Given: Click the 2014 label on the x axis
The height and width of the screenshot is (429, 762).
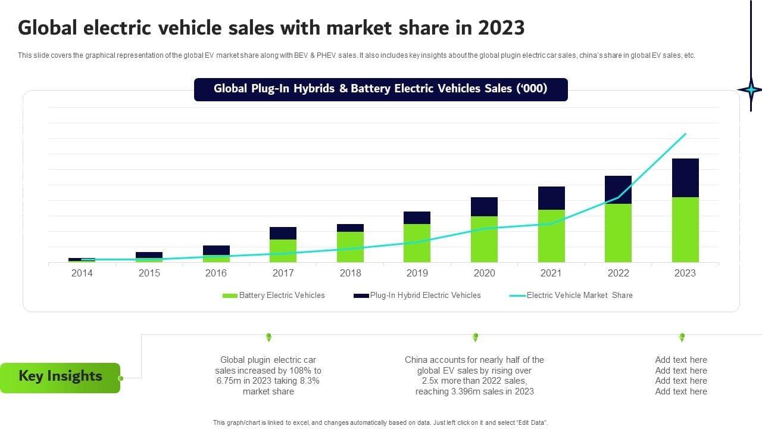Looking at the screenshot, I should tap(82, 273).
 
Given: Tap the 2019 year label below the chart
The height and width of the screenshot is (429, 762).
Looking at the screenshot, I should tap(417, 273).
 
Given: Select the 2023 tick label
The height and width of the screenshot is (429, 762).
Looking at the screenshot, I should tap(685, 273).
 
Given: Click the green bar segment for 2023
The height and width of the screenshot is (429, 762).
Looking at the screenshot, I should tap(685, 229).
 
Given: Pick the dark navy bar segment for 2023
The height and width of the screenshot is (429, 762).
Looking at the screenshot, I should tap(685, 178).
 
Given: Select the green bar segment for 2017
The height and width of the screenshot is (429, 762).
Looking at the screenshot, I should tap(283, 251).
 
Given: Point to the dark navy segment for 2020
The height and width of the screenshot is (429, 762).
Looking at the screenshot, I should tap(484, 207).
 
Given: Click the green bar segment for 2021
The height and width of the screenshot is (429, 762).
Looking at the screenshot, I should tap(551, 236).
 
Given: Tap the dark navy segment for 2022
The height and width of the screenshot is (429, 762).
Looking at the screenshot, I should tap(618, 189).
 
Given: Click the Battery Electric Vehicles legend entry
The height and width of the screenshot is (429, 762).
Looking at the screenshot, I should tap(274, 296).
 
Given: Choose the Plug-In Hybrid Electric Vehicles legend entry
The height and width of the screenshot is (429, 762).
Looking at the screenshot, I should tap(417, 296).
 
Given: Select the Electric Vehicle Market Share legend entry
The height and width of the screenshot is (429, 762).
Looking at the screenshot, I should tap(571, 296).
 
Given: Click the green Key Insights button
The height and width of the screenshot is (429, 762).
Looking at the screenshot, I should tap(60, 377).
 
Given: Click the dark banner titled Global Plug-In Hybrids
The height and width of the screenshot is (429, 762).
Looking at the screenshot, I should tap(380, 89).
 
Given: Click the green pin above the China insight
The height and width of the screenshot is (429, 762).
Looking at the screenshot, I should tap(475, 337).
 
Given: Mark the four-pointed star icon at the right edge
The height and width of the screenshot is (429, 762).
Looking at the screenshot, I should tap(750, 90).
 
